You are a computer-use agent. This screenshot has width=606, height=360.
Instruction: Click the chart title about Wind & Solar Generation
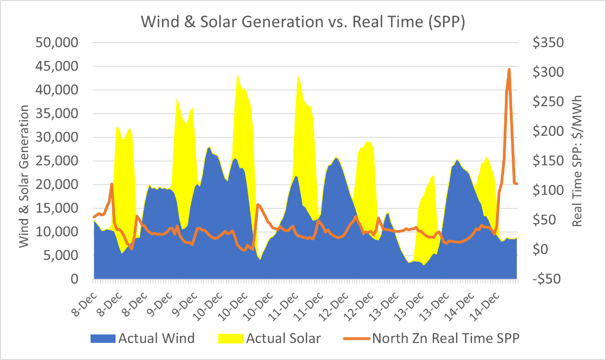(303, 22)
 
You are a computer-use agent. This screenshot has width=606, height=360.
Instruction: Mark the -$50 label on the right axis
(547, 279)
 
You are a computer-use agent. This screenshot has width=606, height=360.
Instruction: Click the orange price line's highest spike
(509, 70)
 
